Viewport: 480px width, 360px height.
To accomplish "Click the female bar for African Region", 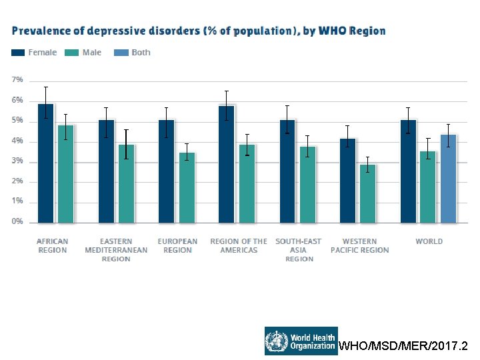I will [46, 163].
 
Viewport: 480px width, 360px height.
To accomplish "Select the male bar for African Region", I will [66, 173].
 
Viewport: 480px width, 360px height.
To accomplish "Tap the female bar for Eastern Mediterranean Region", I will [107, 171].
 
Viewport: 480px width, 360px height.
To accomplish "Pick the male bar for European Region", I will [187, 187].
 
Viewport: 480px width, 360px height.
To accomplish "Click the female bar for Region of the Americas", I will [227, 163].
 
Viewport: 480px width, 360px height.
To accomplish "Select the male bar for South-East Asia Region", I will [308, 184].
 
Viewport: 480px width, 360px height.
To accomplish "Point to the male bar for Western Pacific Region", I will [368, 193].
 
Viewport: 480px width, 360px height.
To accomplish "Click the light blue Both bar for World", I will [449, 178].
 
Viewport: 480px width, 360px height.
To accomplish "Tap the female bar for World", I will [409, 171].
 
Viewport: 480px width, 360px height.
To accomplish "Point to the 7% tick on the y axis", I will [17, 79].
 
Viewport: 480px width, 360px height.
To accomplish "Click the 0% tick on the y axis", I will [17, 221].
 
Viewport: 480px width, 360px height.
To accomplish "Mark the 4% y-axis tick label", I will [17, 141].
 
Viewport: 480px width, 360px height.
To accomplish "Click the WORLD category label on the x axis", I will [429, 241].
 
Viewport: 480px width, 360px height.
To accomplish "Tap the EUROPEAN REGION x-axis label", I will [177, 245].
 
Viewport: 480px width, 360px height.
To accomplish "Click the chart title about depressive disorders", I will [199, 31].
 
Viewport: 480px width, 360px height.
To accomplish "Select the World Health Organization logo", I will [300, 341].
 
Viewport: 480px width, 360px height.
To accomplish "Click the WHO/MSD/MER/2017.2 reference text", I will [404, 346].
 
